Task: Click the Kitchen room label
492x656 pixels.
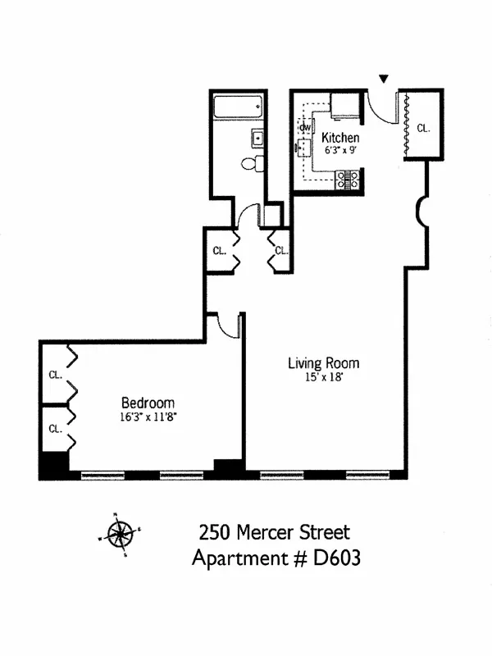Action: [x=339, y=137]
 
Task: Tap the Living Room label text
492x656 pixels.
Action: [x=323, y=362]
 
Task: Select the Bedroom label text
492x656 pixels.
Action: [x=148, y=403]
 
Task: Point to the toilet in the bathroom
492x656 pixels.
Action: [x=250, y=164]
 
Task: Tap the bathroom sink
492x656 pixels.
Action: [x=257, y=138]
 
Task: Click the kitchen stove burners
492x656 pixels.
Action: [x=348, y=178]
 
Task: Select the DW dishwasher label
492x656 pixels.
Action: [x=305, y=127]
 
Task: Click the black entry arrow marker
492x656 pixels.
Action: [x=383, y=80]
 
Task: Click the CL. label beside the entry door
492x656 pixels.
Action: [x=423, y=128]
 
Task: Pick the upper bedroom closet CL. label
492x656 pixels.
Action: [x=55, y=375]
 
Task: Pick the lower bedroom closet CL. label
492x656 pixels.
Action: [x=55, y=428]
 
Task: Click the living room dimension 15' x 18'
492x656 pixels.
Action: [x=323, y=377]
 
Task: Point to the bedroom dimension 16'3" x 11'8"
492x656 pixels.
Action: [x=148, y=417]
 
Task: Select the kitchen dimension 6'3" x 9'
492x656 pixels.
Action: [x=339, y=151]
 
